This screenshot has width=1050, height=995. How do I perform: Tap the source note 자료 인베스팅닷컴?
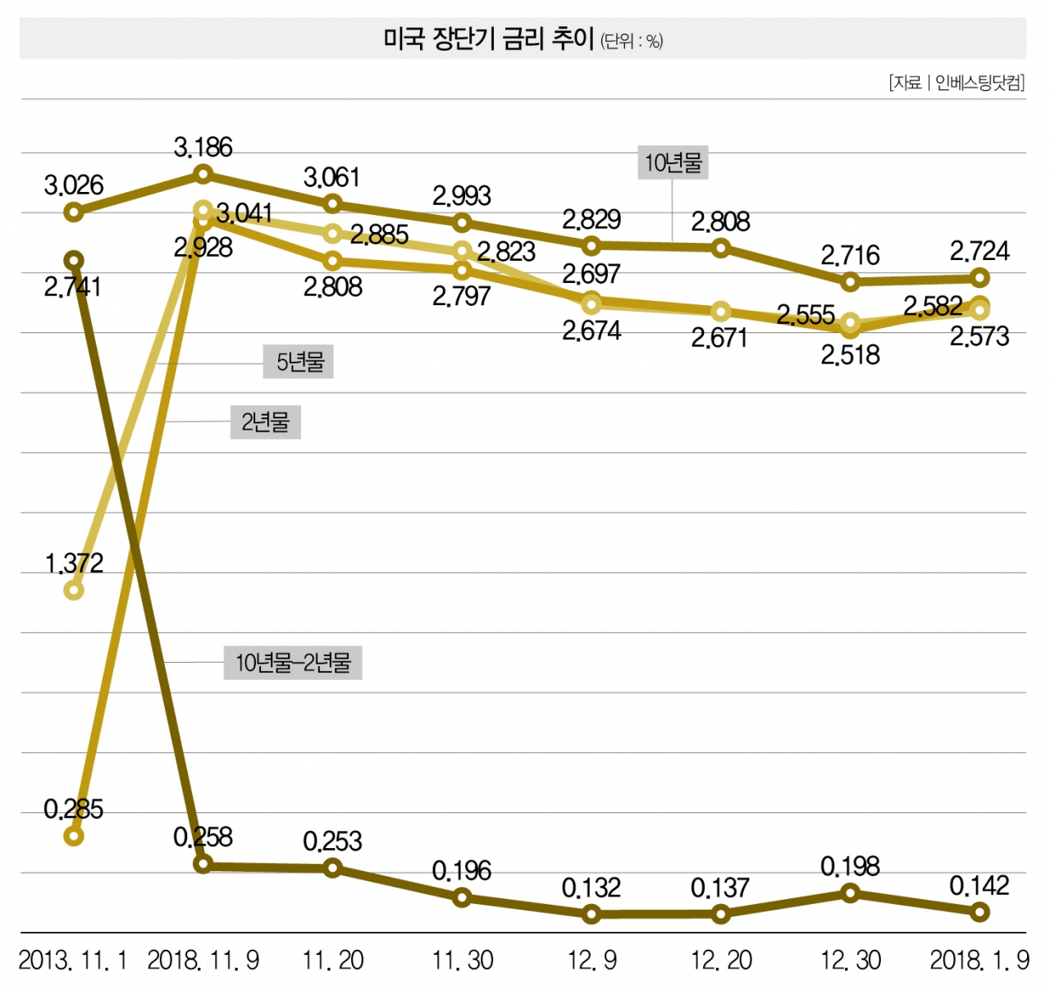[x=956, y=83]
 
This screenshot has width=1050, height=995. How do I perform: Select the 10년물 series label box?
[x=673, y=162]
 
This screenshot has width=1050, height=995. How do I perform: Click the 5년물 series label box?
[x=299, y=362]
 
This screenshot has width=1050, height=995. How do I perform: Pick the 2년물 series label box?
[x=265, y=422]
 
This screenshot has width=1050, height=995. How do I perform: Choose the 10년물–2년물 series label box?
[x=293, y=663]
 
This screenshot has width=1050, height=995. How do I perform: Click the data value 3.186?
[x=203, y=148]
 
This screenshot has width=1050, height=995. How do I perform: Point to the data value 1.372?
[x=74, y=564]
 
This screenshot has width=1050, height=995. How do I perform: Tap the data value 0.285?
[x=74, y=810]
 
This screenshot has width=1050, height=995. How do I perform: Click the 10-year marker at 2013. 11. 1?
[x=74, y=213]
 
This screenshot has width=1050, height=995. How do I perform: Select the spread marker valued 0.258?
[x=203, y=864]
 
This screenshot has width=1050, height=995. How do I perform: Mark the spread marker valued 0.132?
[x=591, y=914]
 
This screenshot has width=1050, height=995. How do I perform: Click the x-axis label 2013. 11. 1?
[x=73, y=961]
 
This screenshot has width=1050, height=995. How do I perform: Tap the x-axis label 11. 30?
[x=463, y=961]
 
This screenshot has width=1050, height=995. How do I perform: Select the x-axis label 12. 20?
[x=721, y=961]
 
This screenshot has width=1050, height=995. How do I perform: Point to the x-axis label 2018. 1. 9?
[x=979, y=961]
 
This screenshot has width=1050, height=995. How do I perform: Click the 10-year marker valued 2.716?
[x=851, y=282]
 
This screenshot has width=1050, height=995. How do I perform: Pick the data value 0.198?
[x=850, y=866]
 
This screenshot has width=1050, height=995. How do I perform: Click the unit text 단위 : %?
[x=632, y=41]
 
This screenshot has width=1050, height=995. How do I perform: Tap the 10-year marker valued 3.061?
[x=333, y=203]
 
